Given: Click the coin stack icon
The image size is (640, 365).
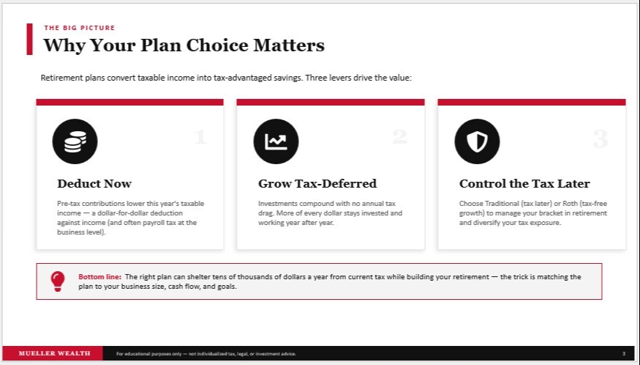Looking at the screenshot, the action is pyautogui.click(x=75, y=141).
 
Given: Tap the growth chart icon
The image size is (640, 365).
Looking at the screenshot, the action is pyautogui.click(x=276, y=141).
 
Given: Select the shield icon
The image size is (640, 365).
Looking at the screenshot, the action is pyautogui.click(x=477, y=141).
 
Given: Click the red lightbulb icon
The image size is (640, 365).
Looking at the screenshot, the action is pyautogui.click(x=58, y=281).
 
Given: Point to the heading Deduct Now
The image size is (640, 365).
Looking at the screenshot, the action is pyautogui.click(x=94, y=184).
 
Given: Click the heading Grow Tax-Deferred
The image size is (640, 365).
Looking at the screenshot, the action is pyautogui.click(x=317, y=184).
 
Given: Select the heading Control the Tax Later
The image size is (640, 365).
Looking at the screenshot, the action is pyautogui.click(x=524, y=184).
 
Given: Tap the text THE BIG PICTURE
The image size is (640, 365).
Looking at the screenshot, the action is pyautogui.click(x=80, y=28).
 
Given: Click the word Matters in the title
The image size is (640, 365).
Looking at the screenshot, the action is pyautogui.click(x=289, y=45).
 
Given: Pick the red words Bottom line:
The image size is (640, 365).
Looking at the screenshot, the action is pyautogui.click(x=99, y=277).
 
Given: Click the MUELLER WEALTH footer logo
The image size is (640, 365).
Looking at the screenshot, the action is pyautogui.click(x=54, y=353).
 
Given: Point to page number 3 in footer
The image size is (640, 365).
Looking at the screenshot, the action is pyautogui.click(x=624, y=353).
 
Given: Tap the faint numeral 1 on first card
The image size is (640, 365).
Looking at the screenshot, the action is pyautogui.click(x=200, y=136).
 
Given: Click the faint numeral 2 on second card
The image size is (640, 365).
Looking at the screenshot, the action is pyautogui.click(x=400, y=136).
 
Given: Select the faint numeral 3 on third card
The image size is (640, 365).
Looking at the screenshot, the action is pyautogui.click(x=601, y=139).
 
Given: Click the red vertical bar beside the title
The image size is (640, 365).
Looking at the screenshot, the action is pyautogui.click(x=29, y=39).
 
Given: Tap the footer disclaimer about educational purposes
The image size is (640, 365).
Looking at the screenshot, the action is pyautogui.click(x=206, y=354).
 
